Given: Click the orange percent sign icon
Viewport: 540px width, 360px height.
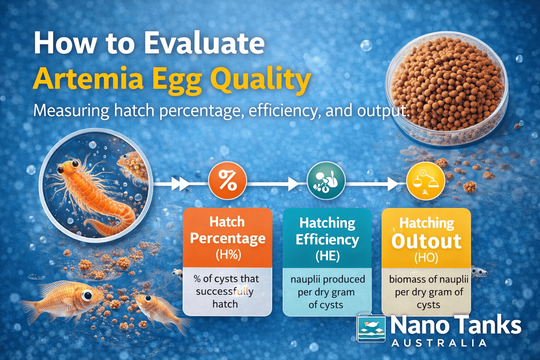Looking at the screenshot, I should [227, 181].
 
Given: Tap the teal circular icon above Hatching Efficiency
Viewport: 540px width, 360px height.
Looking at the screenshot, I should [326, 181].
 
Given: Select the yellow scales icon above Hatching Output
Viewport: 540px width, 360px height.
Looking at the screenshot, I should [425, 181].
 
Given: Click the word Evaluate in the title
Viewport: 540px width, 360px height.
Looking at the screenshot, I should [204, 43].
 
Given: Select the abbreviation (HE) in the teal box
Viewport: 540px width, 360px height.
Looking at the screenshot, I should [327, 256].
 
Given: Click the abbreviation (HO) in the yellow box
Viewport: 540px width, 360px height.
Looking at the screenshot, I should [426, 258].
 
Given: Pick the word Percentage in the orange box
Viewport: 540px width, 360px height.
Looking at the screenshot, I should [228, 238].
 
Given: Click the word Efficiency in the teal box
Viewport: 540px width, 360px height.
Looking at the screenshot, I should [327, 239].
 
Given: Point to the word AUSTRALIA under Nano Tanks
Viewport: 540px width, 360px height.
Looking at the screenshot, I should [439, 343].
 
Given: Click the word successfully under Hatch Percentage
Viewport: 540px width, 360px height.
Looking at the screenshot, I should [225, 291].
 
